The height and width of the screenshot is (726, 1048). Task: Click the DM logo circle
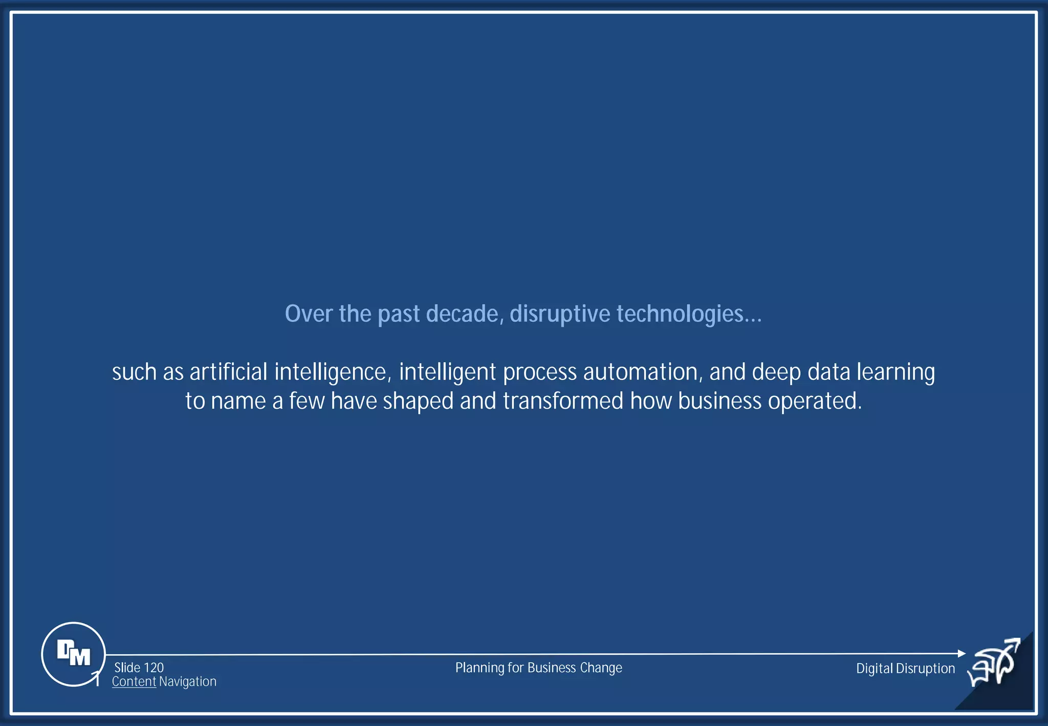point(73,654)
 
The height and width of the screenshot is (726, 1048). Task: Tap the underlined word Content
point(134,681)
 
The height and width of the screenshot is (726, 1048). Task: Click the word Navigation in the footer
point(188,681)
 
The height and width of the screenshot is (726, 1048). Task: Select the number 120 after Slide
point(154,668)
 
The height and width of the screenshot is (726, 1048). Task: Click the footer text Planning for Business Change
point(538,668)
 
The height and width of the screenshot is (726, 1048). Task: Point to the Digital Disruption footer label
point(905,668)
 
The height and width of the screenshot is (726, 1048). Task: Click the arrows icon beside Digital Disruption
point(994,662)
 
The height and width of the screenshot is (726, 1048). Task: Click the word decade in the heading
point(462,313)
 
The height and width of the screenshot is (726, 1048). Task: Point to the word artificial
point(228,372)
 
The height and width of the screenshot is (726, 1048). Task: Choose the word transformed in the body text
point(563,401)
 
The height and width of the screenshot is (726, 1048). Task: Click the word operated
point(815,401)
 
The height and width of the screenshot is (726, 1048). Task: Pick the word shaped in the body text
point(418,401)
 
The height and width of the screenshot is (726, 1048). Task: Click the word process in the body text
point(539,372)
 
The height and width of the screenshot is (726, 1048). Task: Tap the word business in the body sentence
point(719,401)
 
